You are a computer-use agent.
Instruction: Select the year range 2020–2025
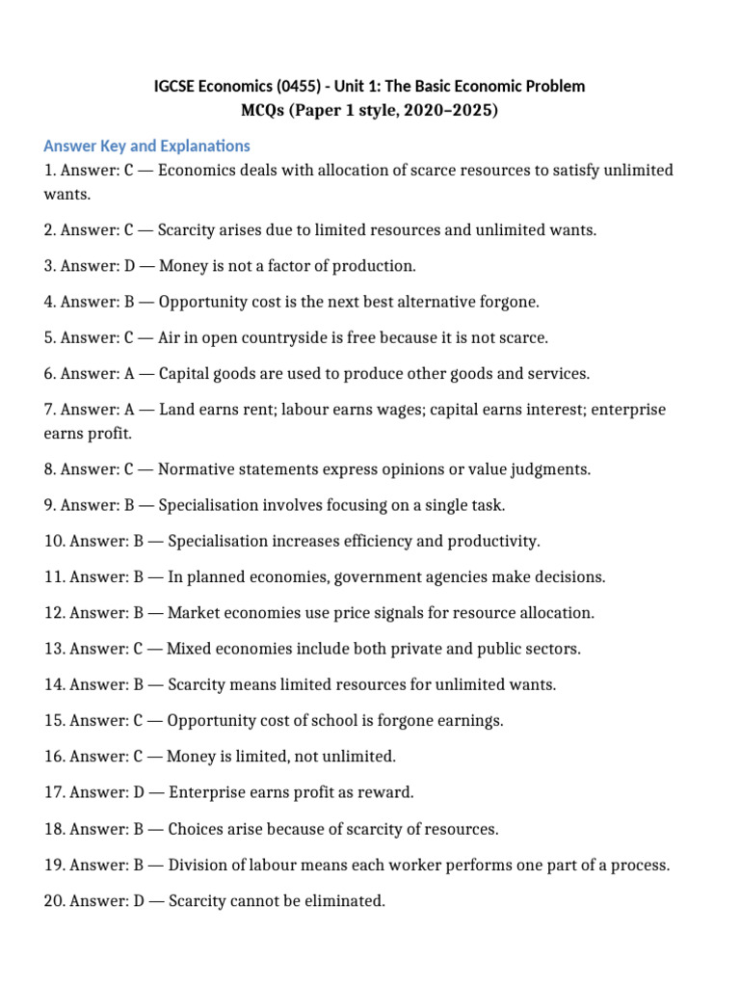(x=446, y=111)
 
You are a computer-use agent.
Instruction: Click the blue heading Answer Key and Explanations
(x=146, y=147)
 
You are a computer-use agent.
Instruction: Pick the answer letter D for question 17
(x=136, y=792)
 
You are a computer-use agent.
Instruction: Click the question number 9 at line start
(x=48, y=505)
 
